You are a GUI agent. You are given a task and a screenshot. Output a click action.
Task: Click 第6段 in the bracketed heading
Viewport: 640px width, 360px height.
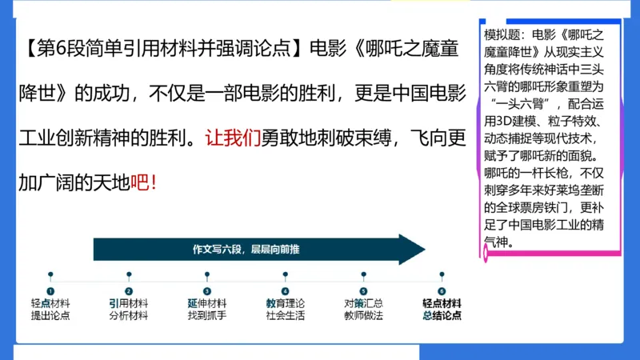(56, 50)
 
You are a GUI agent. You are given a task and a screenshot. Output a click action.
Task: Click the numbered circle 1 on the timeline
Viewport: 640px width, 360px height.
(50, 292)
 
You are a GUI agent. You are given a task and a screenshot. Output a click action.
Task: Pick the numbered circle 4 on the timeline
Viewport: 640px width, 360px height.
(285, 292)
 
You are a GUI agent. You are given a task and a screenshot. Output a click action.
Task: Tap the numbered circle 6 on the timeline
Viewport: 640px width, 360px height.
(442, 292)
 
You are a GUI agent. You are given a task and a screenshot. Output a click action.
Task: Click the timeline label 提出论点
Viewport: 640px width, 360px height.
(50, 316)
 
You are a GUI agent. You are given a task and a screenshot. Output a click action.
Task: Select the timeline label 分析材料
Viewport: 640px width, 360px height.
(129, 316)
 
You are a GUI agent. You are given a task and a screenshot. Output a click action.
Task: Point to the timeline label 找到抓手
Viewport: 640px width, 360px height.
(207, 316)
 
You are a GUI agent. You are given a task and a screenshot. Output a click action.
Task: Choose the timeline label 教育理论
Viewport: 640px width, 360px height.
(286, 304)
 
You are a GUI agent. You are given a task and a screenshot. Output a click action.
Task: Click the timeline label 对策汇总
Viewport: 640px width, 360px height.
(364, 304)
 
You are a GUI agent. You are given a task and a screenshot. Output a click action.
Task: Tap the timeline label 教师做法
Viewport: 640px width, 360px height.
(364, 316)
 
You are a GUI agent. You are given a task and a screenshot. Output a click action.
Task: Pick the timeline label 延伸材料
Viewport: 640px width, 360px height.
(207, 304)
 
